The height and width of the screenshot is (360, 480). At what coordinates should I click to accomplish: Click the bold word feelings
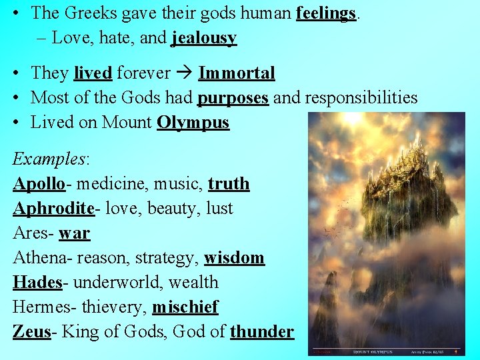pyautogui.click(x=325, y=13)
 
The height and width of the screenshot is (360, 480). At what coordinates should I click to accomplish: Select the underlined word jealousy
pyautogui.click(x=203, y=39)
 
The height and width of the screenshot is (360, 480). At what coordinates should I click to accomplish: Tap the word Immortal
pyautogui.click(x=237, y=73)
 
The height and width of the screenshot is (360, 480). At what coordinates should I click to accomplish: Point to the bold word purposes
pyautogui.click(x=233, y=97)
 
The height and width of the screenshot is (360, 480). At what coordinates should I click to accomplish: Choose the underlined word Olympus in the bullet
pyautogui.click(x=193, y=123)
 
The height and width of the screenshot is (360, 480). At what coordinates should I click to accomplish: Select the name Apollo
pyautogui.click(x=39, y=183)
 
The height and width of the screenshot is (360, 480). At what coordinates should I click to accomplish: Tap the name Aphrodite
pyautogui.click(x=53, y=208)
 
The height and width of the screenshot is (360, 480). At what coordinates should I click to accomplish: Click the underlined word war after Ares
pyautogui.click(x=74, y=233)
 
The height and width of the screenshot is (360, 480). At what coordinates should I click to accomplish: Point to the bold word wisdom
pyautogui.click(x=234, y=257)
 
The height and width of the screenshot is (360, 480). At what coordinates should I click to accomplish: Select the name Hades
pyautogui.click(x=37, y=282)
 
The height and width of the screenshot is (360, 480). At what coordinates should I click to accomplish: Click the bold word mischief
pyautogui.click(x=185, y=307)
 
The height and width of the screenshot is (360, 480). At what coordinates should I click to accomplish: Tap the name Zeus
pyautogui.click(x=31, y=331)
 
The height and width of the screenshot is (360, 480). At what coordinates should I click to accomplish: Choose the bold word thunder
pyautogui.click(x=261, y=331)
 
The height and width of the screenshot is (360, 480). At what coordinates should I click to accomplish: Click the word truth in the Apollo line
pyautogui.click(x=229, y=183)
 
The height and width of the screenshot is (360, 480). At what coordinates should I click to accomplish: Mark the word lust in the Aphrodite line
pyautogui.click(x=219, y=208)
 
